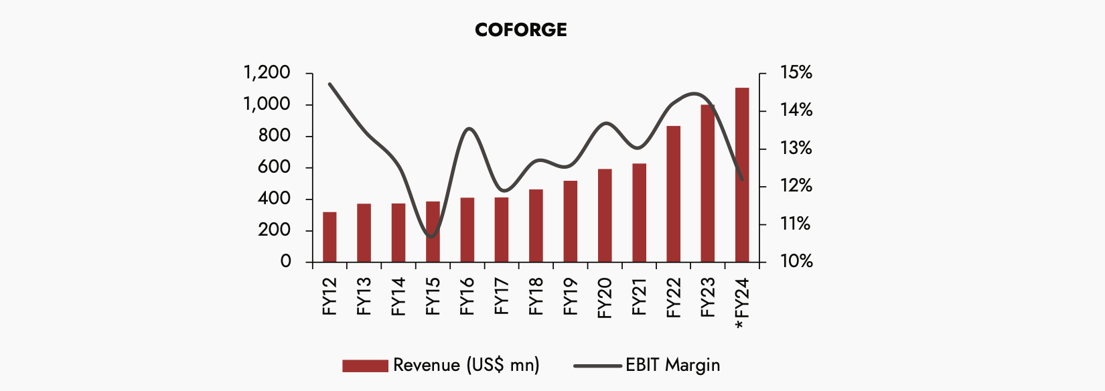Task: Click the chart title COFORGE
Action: (x=520, y=30)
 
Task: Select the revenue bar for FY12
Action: (x=329, y=237)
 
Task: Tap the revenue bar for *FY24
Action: (x=742, y=175)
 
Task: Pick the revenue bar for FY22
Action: (x=673, y=194)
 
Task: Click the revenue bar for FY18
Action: (x=536, y=226)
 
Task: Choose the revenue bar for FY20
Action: (x=605, y=216)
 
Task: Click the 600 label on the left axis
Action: (x=274, y=167)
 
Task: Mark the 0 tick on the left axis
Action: (x=286, y=262)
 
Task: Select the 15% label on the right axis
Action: (x=796, y=72)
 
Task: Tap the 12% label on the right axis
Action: (x=796, y=186)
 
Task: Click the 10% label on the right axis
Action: (x=796, y=261)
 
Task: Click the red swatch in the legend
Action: (x=365, y=366)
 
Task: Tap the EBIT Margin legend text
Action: (x=672, y=365)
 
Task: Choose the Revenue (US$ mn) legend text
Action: (x=466, y=365)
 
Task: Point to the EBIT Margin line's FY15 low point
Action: (x=432, y=236)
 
